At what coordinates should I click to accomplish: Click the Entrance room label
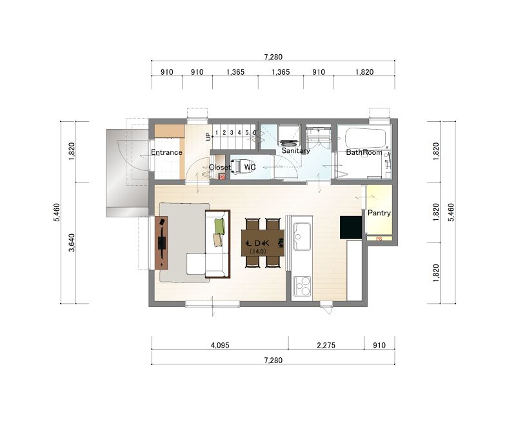[166, 152]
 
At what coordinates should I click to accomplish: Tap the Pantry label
[379, 213]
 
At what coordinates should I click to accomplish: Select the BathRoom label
[364, 152]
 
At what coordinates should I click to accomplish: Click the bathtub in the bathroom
[365, 138]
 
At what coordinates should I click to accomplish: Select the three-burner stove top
[302, 286]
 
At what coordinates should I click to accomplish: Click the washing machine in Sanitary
[289, 135]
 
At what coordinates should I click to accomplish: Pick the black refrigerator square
[351, 227]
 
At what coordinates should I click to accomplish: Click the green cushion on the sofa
[219, 226]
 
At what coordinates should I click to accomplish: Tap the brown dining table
[263, 242]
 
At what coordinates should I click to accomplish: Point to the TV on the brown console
[162, 242]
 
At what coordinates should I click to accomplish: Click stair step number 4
[239, 133]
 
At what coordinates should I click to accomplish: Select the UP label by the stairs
[208, 137]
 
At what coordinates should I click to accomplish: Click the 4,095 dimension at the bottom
[220, 345]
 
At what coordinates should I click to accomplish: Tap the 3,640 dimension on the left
[72, 242]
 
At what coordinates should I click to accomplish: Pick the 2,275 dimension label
[326, 345]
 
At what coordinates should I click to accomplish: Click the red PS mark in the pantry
[379, 239]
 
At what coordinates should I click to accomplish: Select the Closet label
[219, 168]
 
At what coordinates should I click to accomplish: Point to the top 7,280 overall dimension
[273, 57]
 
